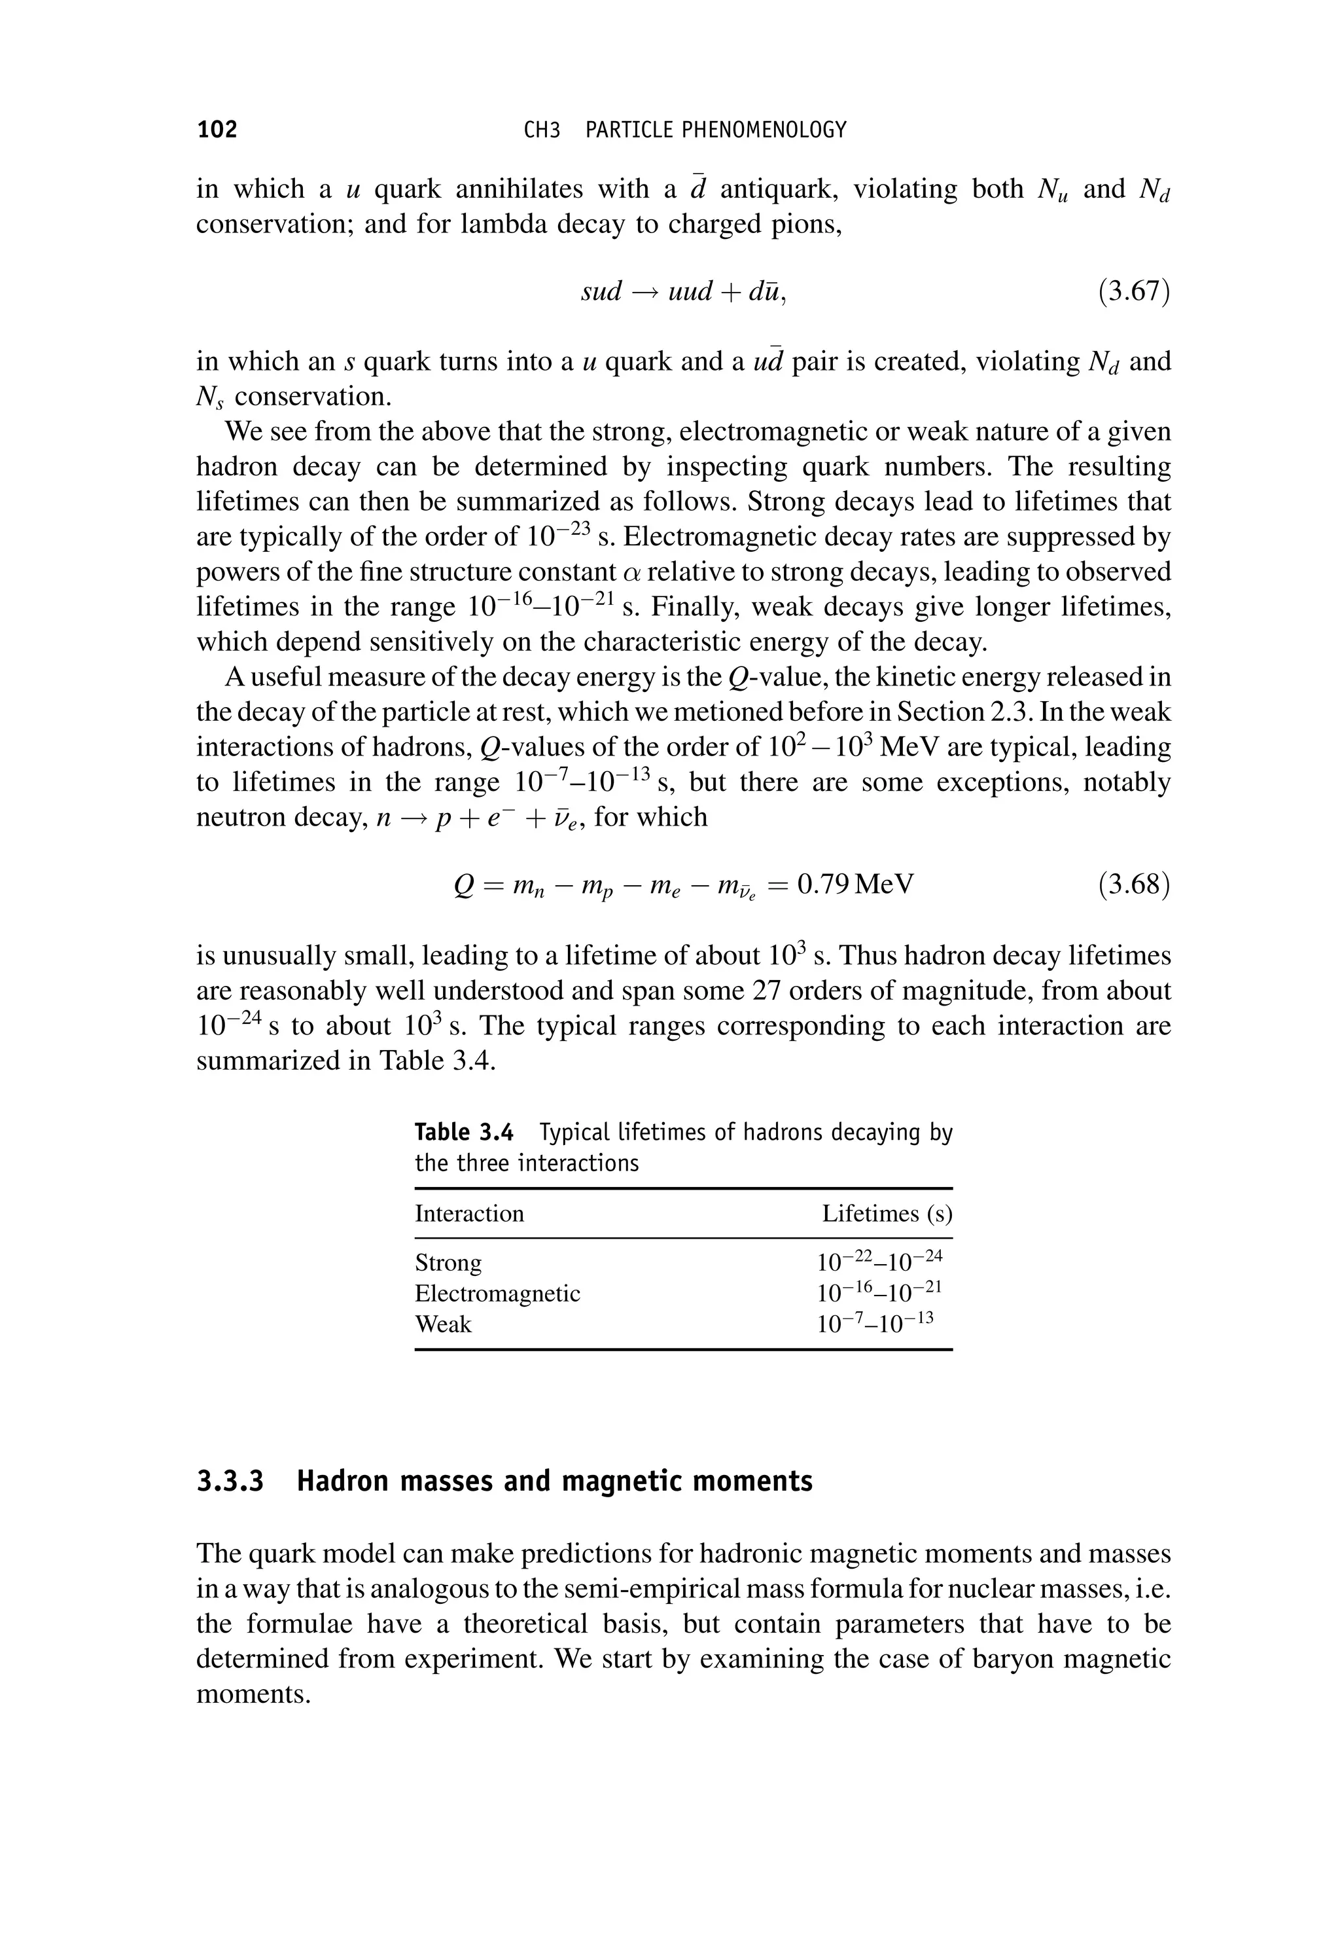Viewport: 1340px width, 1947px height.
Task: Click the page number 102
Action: (x=217, y=130)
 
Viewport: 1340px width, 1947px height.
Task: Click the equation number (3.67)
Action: (x=1133, y=291)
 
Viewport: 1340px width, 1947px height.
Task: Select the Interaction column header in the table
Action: (x=468, y=1214)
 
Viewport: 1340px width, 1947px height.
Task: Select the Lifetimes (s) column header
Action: (x=887, y=1214)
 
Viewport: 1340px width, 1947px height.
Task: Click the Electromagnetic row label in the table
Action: (x=497, y=1294)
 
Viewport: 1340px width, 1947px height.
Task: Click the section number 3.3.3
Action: (x=230, y=1482)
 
